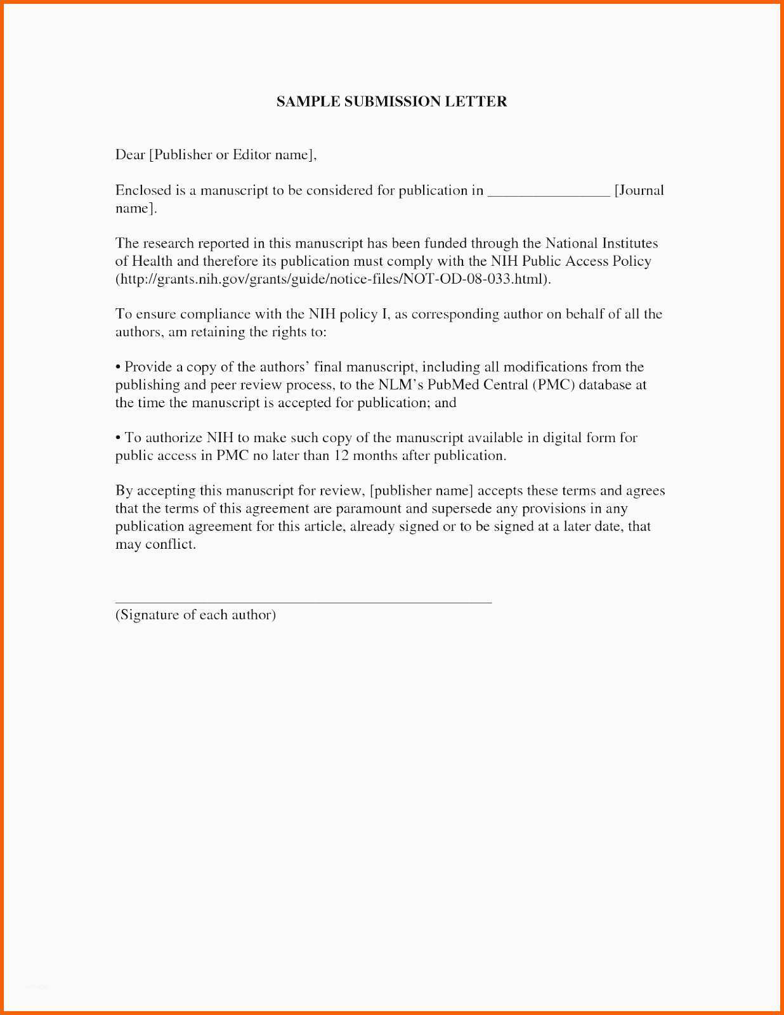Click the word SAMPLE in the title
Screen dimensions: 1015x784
[x=308, y=101]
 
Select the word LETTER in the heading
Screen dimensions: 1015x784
[x=475, y=101]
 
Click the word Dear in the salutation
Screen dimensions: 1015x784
[x=130, y=155]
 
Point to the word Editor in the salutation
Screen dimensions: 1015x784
[x=252, y=155]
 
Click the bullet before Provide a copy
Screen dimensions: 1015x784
[x=118, y=367]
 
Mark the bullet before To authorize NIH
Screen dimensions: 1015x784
[x=118, y=438]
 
